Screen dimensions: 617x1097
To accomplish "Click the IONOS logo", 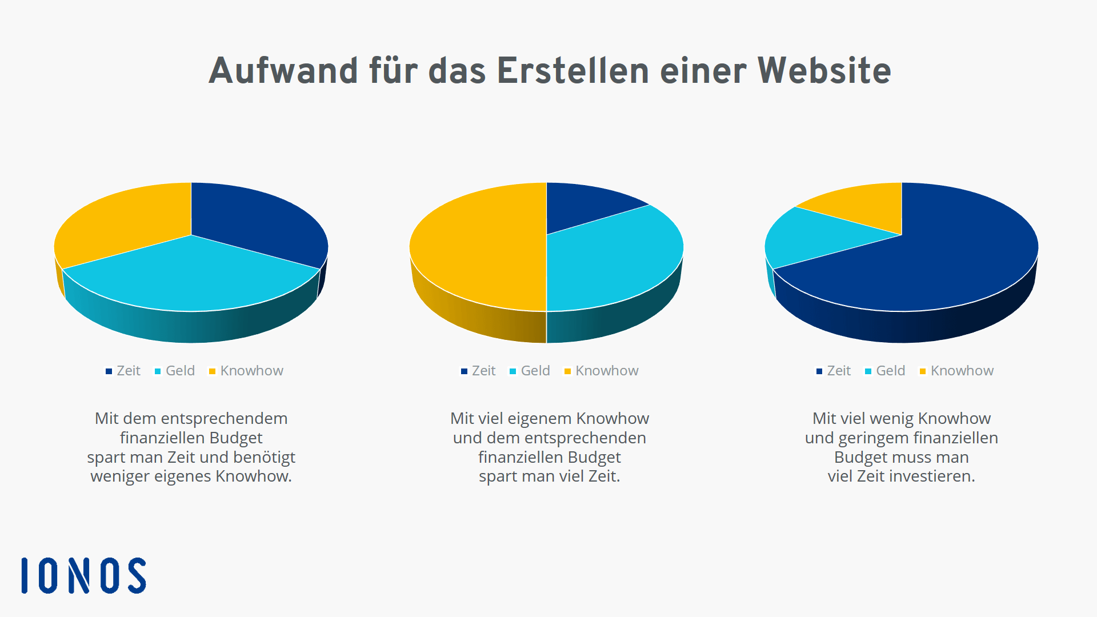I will click(83, 575).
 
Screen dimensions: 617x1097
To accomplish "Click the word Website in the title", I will click(824, 71).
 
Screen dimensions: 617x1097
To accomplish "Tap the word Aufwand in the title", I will click(283, 71).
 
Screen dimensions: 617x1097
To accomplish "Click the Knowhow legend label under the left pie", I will click(251, 371).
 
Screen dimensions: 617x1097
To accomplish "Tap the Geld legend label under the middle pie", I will click(535, 371).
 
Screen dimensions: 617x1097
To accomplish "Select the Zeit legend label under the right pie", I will click(839, 371).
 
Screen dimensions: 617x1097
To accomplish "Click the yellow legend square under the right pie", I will click(922, 371).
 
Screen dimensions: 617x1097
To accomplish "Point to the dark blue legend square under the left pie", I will click(109, 371).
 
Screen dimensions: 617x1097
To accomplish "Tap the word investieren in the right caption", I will click(933, 476).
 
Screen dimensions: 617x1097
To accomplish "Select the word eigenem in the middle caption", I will click(539, 418).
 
